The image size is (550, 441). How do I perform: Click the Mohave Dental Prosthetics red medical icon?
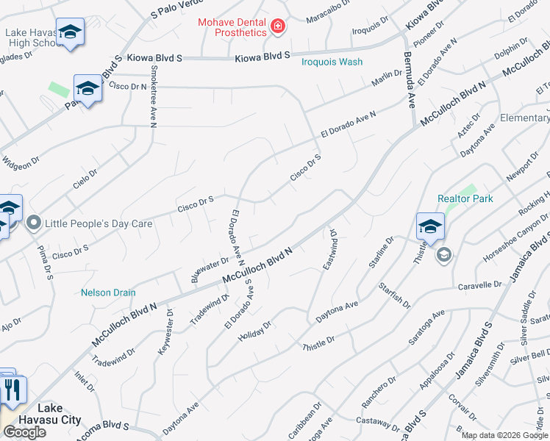(x=278, y=28)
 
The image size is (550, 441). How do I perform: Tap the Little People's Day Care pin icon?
(x=33, y=222)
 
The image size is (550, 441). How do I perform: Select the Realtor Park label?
(x=465, y=198)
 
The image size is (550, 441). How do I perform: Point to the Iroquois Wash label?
(x=332, y=62)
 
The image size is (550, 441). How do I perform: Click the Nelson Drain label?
(x=108, y=293)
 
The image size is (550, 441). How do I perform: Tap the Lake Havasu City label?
(x=60, y=414)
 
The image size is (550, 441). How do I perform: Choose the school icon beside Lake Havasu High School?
(x=70, y=32)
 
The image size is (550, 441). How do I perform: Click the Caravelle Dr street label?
(x=479, y=284)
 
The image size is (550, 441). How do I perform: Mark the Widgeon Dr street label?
(x=20, y=160)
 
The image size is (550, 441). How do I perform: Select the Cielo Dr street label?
(x=85, y=179)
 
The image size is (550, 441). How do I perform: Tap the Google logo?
(x=24, y=432)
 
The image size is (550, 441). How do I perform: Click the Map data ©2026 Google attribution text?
(x=504, y=435)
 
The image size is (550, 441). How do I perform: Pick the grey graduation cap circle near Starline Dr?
(x=443, y=255)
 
